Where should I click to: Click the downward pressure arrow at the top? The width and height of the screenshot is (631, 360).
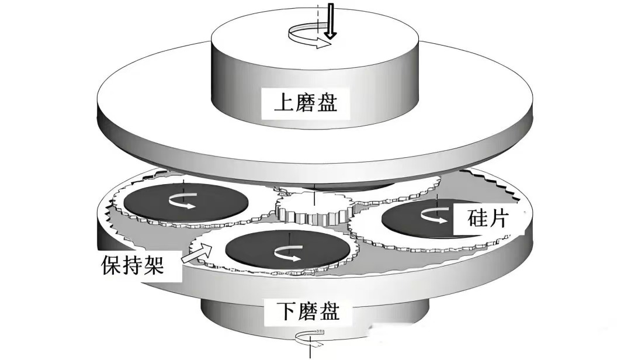click(x=331, y=20)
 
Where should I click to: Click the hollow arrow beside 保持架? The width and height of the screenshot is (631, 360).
click(x=197, y=252)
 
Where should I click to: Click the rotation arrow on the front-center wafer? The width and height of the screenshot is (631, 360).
click(x=287, y=252)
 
